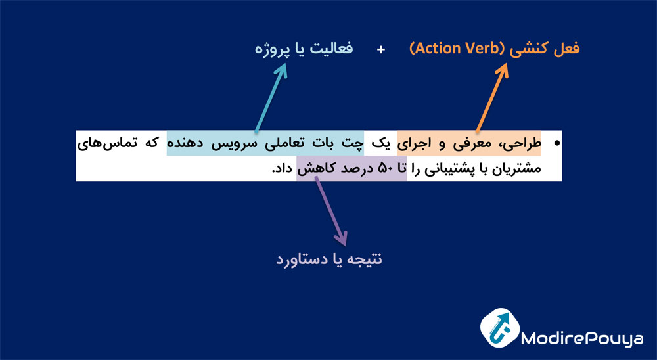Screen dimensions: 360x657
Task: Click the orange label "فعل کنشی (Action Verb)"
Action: [494, 49]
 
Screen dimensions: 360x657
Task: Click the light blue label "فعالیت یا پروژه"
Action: [303, 49]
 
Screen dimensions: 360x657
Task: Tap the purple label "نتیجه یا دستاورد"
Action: [328, 259]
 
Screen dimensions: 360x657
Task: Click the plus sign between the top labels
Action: [381, 50]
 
